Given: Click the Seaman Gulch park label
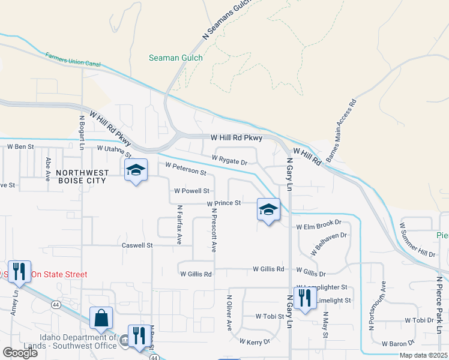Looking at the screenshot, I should (x=176, y=58).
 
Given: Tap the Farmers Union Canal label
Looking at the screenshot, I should (x=73, y=59).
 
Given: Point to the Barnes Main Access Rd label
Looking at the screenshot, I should (x=342, y=131).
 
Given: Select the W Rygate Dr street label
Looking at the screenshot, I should (x=229, y=160).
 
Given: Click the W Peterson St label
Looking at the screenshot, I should (x=185, y=169).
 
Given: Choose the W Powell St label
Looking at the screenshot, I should (x=191, y=191).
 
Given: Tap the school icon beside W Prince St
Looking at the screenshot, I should (x=269, y=210).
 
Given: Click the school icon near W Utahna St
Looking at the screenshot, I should (x=136, y=171).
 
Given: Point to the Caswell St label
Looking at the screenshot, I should (x=137, y=245).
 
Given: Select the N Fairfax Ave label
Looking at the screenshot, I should (x=179, y=225).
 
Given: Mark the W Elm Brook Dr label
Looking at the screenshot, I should (x=319, y=227).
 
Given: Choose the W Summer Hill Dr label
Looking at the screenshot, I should (x=417, y=239).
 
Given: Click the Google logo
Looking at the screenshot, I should (x=20, y=353).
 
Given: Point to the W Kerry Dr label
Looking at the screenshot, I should (x=255, y=342).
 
